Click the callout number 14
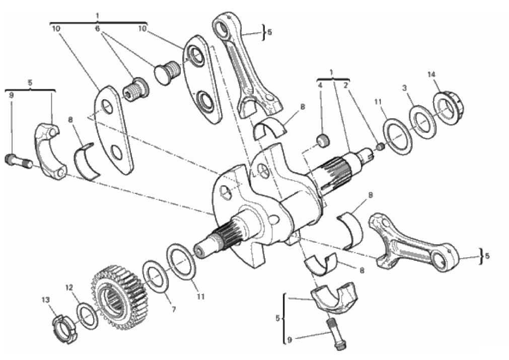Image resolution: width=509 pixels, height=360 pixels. [431, 75]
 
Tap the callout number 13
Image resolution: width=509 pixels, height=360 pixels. [46, 300]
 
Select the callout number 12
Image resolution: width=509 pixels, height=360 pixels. [69, 287]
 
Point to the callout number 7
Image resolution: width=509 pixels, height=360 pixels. [174, 310]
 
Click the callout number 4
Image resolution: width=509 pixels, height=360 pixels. [320, 86]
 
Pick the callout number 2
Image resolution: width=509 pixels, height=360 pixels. [346, 86]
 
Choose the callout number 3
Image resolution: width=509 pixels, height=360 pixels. [404, 88]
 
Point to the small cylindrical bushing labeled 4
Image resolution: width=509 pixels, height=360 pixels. [323, 141]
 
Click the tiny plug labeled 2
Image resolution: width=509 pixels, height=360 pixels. [381, 147]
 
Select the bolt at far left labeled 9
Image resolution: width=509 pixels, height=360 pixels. [19, 161]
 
